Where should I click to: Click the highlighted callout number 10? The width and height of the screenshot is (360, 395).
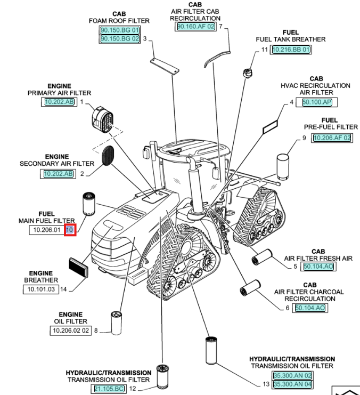click(69, 230)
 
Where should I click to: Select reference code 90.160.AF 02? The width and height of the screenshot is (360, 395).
click(195, 26)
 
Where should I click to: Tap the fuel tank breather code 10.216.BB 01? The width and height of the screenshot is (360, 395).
click(291, 50)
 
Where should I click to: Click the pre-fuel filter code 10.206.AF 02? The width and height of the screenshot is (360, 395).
click(332, 138)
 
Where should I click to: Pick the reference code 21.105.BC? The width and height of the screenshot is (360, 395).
click(109, 389)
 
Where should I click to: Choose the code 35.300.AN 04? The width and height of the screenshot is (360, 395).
click(292, 384)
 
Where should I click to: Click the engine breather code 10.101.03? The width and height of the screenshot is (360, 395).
click(41, 289)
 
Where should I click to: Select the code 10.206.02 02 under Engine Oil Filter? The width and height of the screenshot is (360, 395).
click(71, 330)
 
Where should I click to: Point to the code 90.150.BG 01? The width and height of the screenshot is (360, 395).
click(120, 30)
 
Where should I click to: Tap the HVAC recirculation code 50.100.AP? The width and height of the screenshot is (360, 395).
click(317, 102)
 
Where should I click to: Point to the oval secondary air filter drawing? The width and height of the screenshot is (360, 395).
click(108, 155)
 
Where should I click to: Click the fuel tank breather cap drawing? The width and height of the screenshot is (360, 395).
click(248, 72)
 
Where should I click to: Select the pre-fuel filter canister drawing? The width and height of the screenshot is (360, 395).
click(283, 167)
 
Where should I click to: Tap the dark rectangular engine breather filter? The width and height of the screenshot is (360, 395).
click(79, 268)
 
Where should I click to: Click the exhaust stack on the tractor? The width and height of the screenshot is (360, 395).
click(195, 187)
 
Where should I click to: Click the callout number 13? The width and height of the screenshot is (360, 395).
click(266, 384)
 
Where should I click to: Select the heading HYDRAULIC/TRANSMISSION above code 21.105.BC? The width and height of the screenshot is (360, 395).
click(109, 373)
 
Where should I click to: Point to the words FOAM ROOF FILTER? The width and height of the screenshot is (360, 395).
click(119, 21)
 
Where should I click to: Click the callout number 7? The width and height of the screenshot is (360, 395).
click(221, 26)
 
